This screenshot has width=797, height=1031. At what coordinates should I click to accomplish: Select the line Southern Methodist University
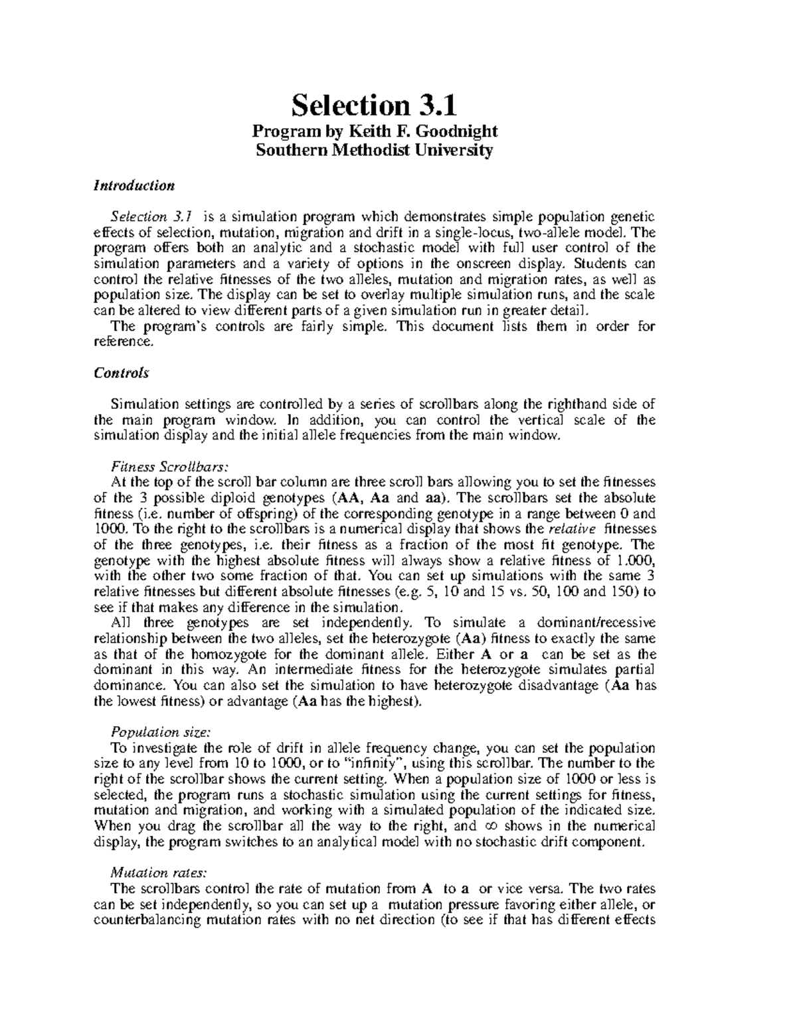[375, 150]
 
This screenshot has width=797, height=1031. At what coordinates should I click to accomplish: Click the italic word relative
[572, 528]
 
